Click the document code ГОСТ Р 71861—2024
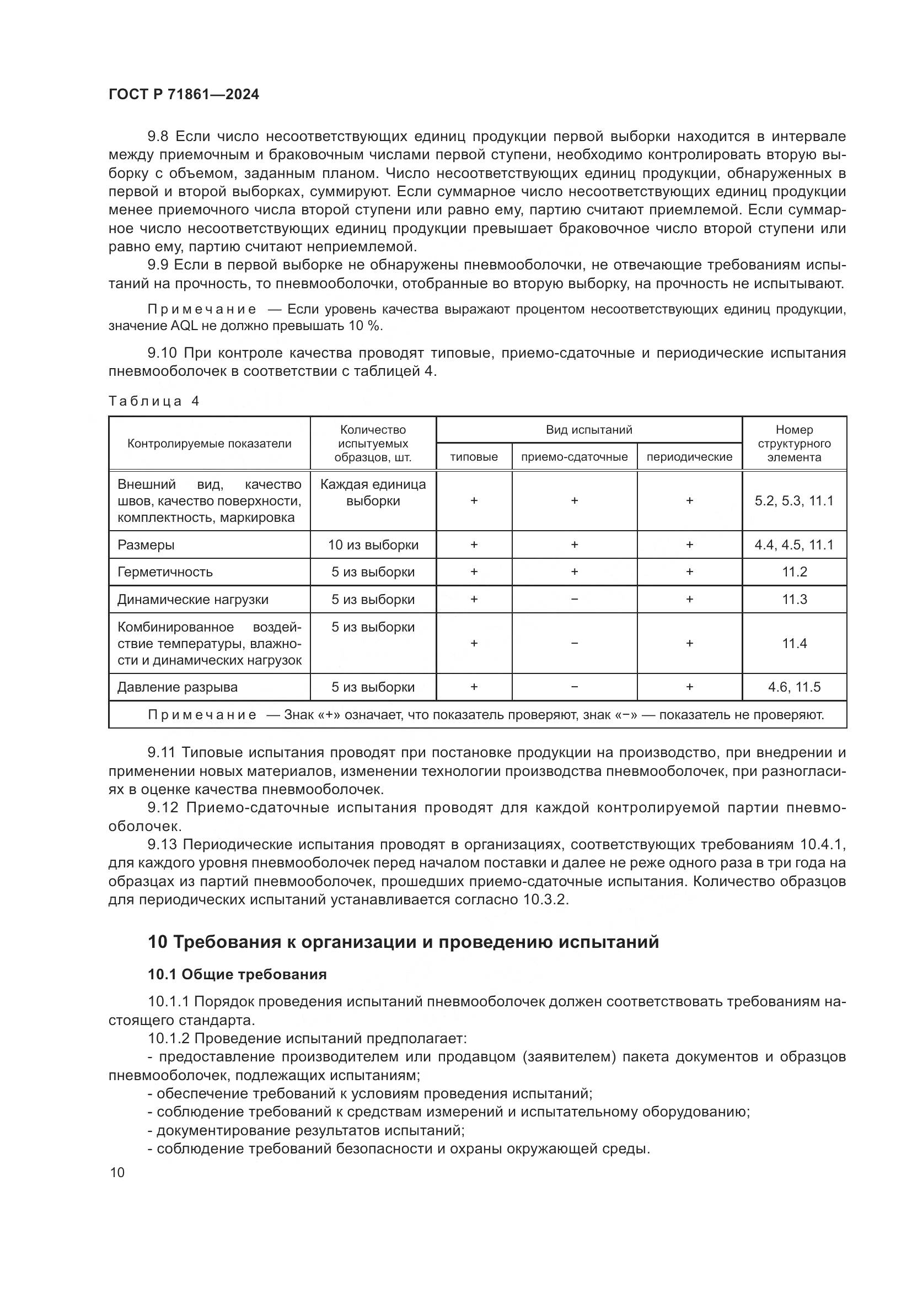[184, 94]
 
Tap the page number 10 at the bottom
[117, 1173]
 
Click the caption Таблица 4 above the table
[153, 401]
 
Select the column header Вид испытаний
[588, 429]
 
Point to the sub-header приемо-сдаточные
[574, 457]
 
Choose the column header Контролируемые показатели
[209, 444]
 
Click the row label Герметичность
[164, 572]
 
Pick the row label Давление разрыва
[177, 687]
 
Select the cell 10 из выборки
[373, 544]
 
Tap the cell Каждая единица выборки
[373, 492]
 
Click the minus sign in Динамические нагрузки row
[574, 600]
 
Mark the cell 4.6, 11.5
[794, 687]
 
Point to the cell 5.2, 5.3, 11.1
[794, 501]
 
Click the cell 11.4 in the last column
[794, 643]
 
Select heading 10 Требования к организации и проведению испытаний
[403, 941]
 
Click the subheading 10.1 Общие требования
[237, 974]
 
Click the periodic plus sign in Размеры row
[689, 544]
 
